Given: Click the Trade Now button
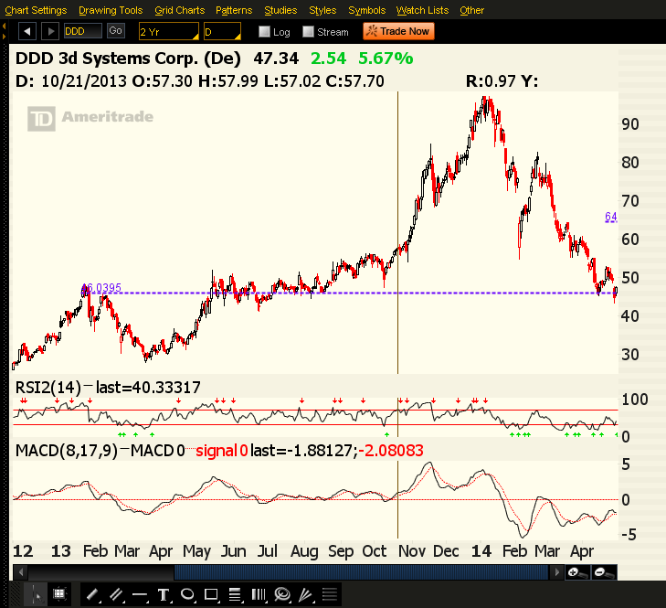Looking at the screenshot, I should click(397, 31).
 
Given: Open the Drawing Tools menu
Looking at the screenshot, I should click(111, 10).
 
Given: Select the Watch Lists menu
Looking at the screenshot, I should click(423, 10).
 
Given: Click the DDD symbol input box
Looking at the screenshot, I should click(82, 31).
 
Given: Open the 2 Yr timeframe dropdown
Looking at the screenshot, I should click(168, 31).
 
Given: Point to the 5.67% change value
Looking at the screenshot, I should click(386, 59).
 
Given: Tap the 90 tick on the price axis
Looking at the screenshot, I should click(629, 123).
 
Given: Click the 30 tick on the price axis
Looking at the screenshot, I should click(629, 355).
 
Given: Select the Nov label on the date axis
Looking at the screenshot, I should click(414, 551).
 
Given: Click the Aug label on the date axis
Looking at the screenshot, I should click(304, 551).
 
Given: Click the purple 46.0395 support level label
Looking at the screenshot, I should click(100, 287).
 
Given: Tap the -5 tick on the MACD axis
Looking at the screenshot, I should click(629, 535).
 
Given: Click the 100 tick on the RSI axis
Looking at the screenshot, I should click(632, 400).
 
